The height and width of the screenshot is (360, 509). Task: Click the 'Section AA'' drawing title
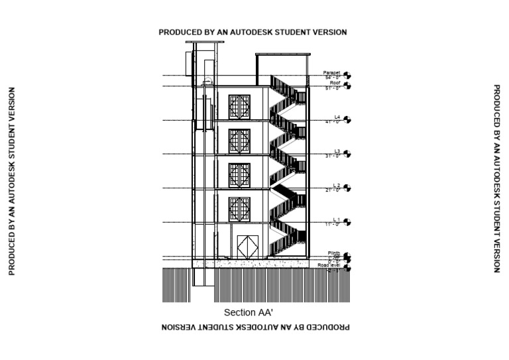click(x=249, y=312)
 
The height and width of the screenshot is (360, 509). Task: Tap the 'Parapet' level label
click(x=331, y=72)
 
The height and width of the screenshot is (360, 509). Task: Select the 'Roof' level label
click(x=335, y=83)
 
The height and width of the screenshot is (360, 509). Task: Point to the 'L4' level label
click(x=337, y=117)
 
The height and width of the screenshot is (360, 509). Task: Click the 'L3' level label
click(x=337, y=151)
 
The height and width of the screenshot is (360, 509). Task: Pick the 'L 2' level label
click(x=336, y=186)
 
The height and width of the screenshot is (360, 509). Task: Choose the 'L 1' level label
click(x=336, y=219)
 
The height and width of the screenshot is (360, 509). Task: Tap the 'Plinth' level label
click(x=333, y=253)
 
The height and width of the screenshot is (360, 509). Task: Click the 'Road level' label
click(x=329, y=265)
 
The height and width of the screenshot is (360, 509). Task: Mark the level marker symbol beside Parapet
click(x=347, y=76)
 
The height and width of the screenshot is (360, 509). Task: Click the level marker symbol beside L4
click(x=347, y=120)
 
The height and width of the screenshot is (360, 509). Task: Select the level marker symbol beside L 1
click(x=347, y=223)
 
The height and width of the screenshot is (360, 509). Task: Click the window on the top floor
click(x=239, y=106)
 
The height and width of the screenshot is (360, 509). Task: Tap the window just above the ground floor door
click(x=239, y=209)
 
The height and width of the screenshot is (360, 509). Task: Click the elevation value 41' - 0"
click(x=332, y=122)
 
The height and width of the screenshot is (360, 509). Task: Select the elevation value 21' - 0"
click(x=332, y=190)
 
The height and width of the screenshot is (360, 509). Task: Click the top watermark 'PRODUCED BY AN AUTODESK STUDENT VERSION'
click(x=253, y=32)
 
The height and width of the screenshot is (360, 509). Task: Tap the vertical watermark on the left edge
click(x=11, y=180)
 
